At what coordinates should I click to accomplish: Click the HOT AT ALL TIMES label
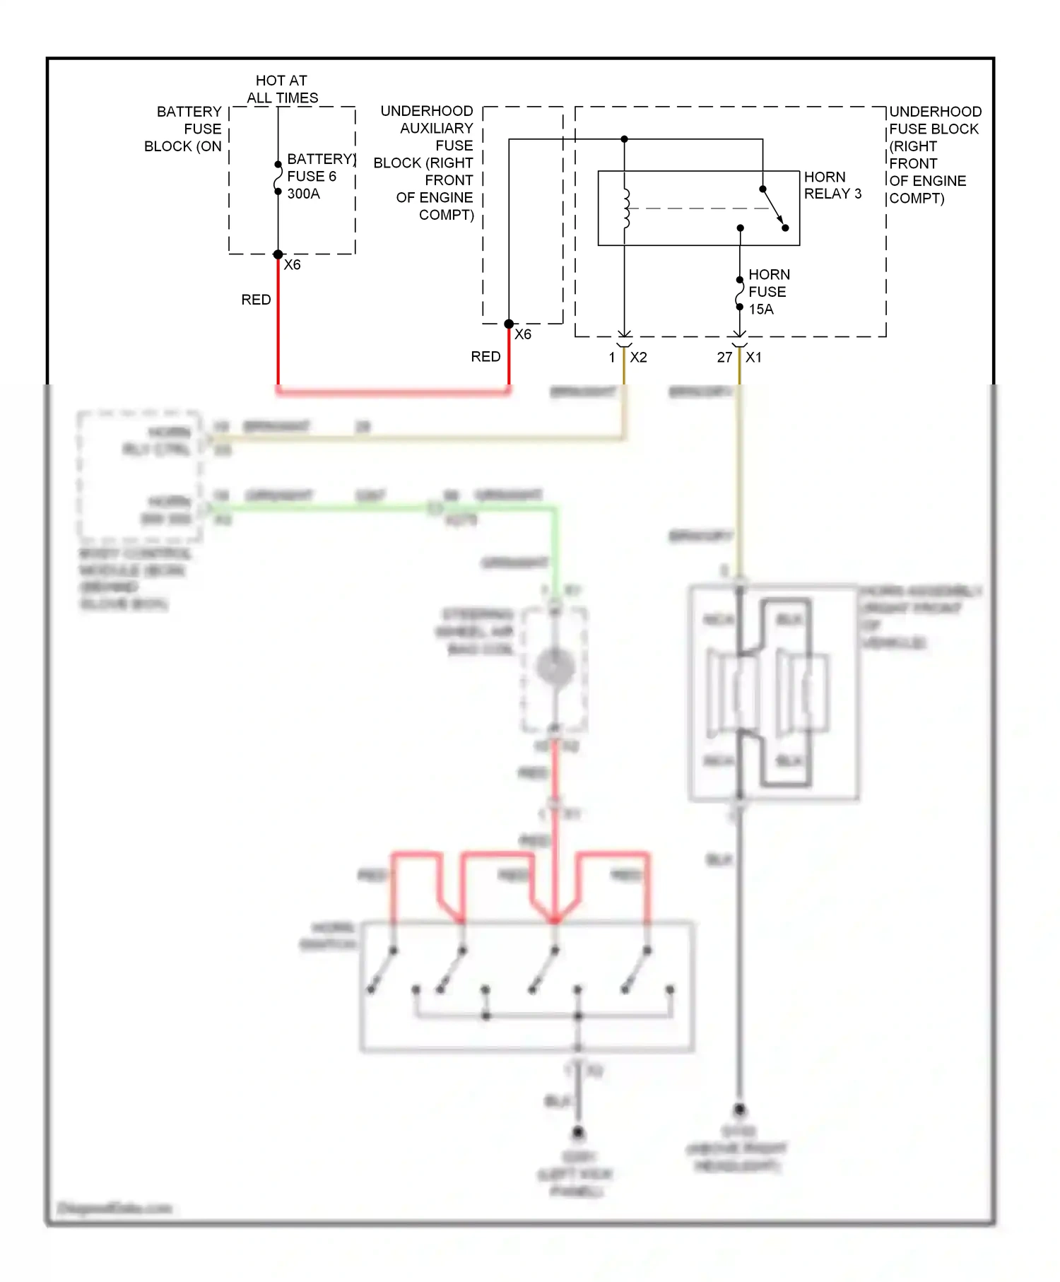point(282,89)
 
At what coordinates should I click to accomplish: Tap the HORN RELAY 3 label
point(832,185)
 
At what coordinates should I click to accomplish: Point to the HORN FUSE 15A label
point(767,292)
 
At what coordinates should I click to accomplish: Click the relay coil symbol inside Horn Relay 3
point(626,208)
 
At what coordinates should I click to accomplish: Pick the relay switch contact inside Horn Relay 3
point(775,208)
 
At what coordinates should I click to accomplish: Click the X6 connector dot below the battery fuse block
point(278,254)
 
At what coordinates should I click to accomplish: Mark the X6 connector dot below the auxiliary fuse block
point(509,324)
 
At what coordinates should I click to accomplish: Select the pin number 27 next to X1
point(724,358)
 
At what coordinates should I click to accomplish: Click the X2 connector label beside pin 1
point(638,358)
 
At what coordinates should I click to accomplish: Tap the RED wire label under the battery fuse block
point(256,300)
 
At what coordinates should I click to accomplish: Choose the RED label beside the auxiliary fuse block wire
point(485,357)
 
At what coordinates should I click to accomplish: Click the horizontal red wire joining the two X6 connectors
point(393,390)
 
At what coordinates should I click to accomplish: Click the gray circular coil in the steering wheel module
point(555,667)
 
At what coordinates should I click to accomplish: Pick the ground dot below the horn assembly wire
point(739,1110)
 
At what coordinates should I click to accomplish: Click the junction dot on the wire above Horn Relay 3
point(624,139)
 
